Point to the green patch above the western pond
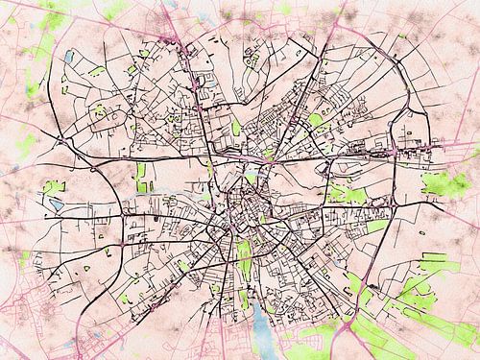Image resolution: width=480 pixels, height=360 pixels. point(52,185)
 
